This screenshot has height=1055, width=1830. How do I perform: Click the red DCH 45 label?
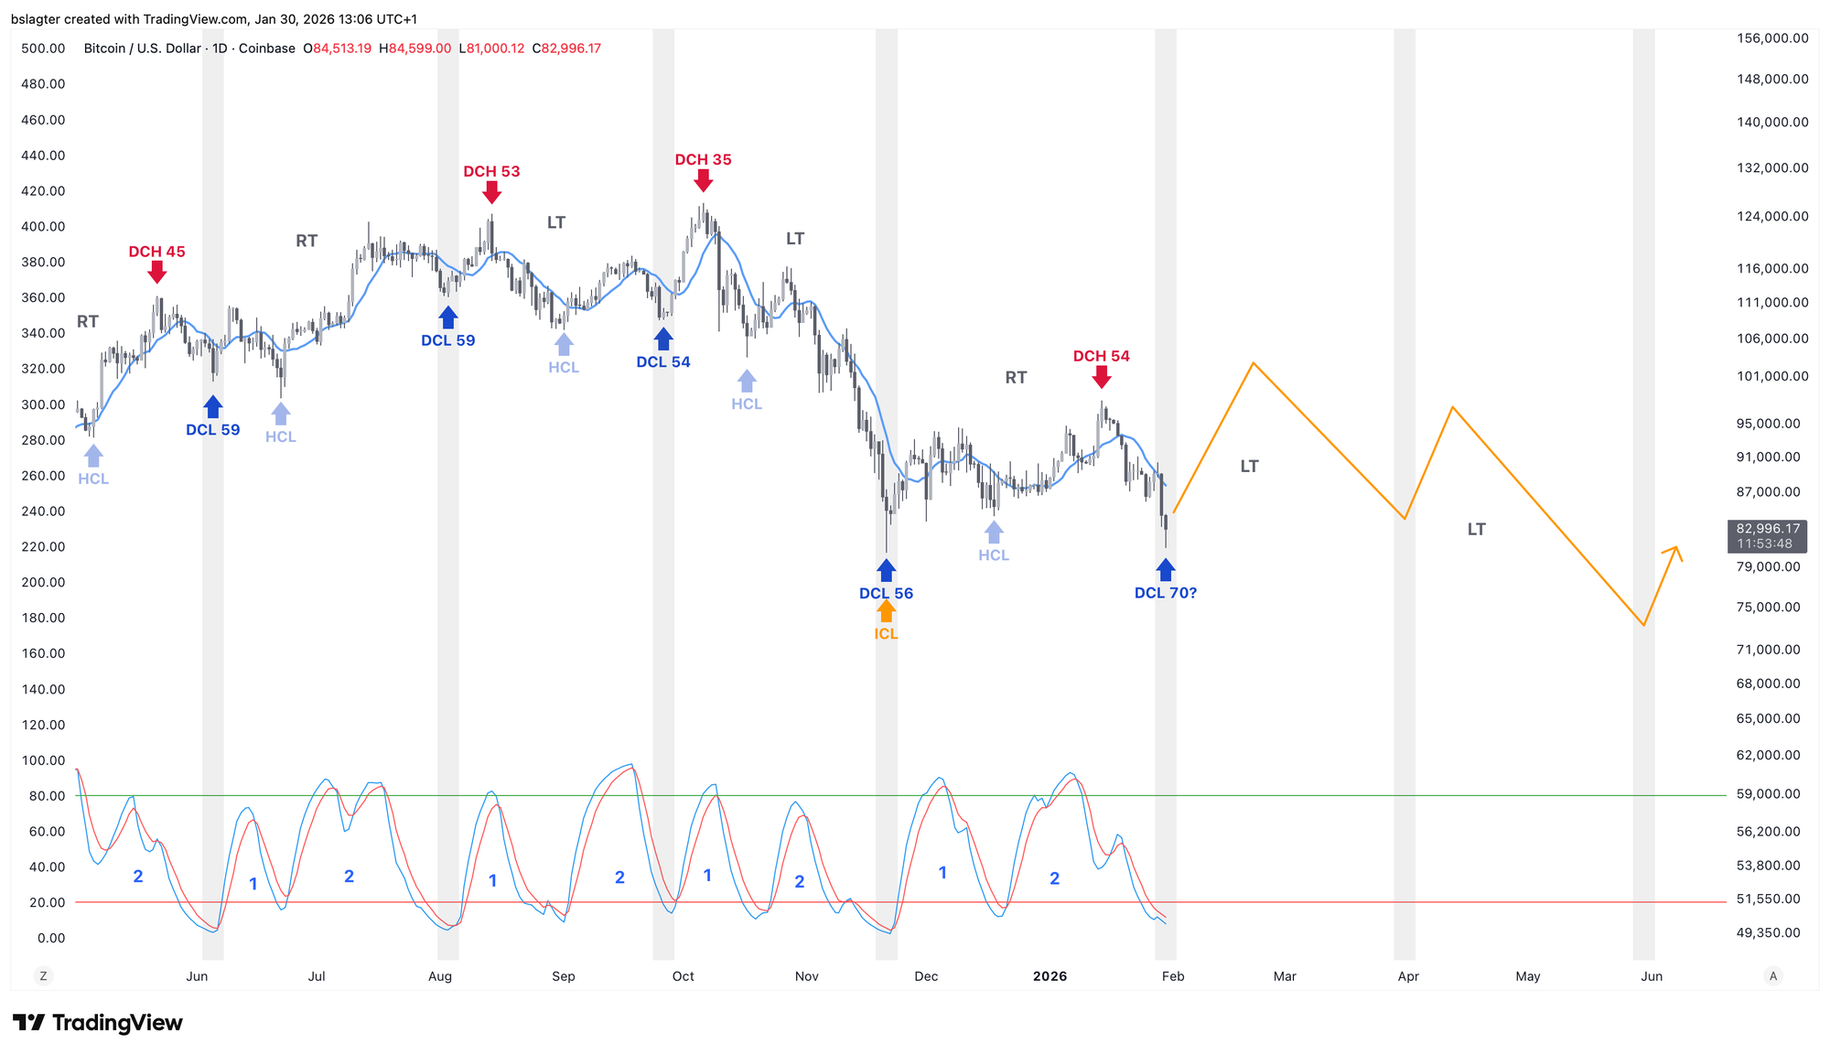pos(156,252)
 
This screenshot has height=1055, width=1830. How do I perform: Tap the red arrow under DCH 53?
pos(491,192)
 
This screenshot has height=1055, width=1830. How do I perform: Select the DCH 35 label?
pos(703,160)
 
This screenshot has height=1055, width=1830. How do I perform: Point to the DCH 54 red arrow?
pos(1102,376)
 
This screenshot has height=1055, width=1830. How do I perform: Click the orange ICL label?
pos(886,634)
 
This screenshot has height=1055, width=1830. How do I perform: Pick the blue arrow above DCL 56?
pos(886,571)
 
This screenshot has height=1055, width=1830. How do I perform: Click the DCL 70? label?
pos(1165,593)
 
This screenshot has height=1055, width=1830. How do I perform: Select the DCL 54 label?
pos(663,362)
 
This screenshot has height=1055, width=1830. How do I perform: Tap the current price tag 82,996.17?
pos(1767,529)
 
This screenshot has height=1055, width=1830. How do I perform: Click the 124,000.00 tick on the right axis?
pos(1772,217)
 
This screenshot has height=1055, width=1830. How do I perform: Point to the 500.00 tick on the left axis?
pos(43,48)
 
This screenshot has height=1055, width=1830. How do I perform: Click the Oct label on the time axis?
pos(683,976)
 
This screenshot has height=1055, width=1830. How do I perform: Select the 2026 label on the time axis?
pos(1050,976)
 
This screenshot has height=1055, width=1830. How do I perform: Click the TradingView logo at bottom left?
pos(98,1023)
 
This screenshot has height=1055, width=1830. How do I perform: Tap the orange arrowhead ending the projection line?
pos(1675,548)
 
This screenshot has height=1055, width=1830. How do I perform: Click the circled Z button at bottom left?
pos(43,976)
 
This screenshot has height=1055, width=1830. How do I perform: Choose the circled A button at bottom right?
pos(1773,976)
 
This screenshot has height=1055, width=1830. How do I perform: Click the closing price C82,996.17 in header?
pos(565,48)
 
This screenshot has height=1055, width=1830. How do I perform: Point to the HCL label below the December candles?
pos(994,555)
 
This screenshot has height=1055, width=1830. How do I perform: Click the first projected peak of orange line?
pos(1253,363)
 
